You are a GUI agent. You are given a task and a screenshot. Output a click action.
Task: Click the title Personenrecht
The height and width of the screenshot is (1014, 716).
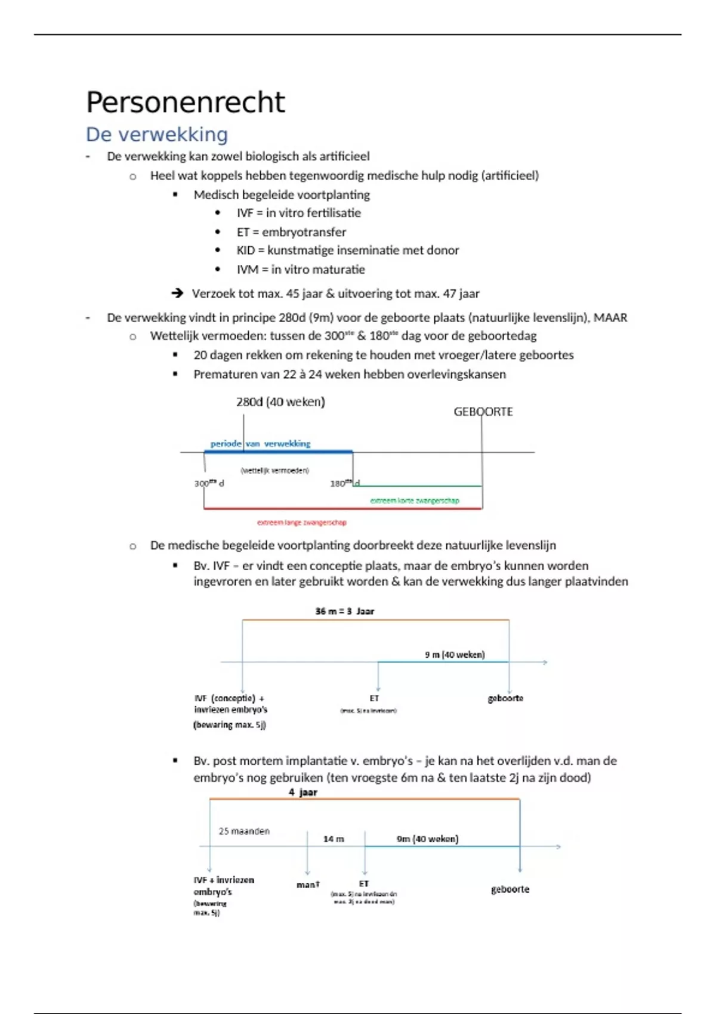click(186, 102)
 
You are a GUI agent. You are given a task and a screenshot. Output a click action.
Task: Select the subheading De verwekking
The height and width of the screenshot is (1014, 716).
click(157, 134)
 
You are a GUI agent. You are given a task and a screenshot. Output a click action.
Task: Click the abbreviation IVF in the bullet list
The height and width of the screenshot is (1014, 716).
click(245, 213)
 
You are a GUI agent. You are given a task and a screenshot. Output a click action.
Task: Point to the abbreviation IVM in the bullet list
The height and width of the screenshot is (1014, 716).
click(247, 270)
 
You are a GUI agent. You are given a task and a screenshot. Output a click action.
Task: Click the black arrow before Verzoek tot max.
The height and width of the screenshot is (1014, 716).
click(177, 293)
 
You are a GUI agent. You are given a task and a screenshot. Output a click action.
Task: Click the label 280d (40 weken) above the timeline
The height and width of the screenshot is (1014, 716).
click(280, 402)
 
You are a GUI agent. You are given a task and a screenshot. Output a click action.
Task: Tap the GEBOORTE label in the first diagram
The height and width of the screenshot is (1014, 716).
click(483, 412)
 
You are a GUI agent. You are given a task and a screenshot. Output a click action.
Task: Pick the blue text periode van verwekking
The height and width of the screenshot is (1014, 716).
click(260, 444)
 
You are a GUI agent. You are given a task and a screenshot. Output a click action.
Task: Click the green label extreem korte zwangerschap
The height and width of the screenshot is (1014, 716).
click(415, 500)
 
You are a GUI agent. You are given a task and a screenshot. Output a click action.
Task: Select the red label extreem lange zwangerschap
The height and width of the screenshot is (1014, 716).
click(301, 523)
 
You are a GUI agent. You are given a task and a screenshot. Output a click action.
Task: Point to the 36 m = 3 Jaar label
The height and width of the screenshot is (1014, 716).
click(344, 611)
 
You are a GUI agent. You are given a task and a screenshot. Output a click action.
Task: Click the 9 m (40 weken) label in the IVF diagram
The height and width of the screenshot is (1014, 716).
click(455, 655)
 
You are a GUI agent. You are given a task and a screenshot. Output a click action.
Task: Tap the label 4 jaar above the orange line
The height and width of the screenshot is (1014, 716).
click(303, 792)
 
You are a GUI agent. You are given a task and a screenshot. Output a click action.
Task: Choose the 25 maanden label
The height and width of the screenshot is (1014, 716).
click(244, 831)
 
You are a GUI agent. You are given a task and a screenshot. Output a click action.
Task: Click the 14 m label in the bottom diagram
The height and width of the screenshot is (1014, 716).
click(334, 839)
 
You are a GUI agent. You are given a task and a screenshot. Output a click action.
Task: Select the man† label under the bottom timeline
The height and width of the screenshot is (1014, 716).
click(308, 885)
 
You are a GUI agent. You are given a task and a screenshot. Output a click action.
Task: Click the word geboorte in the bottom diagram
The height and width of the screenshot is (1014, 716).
click(510, 889)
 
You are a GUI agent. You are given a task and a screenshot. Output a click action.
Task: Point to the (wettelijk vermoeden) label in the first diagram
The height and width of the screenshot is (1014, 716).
click(274, 471)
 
